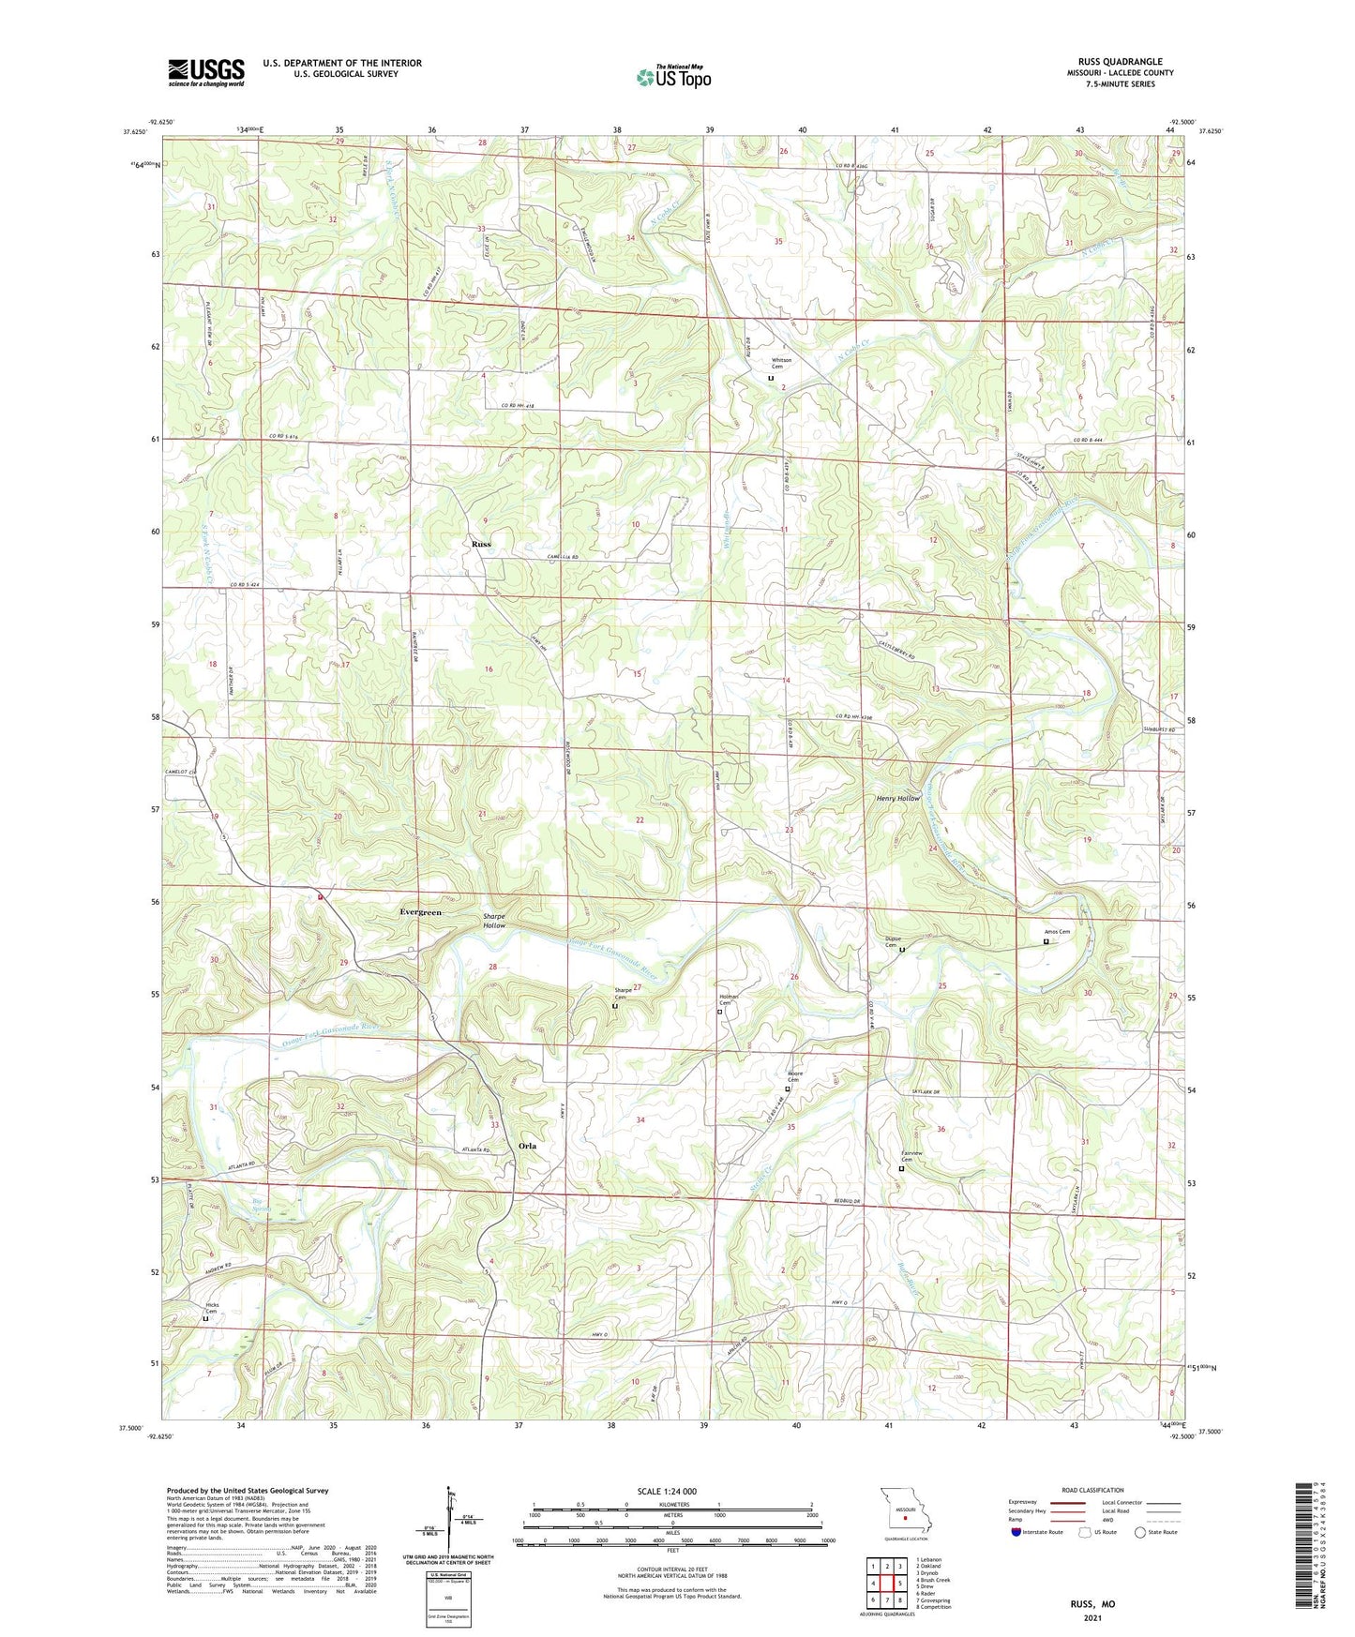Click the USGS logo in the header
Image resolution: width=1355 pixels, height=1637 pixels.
[206, 72]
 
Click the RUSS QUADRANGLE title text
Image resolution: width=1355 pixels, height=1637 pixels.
[1120, 62]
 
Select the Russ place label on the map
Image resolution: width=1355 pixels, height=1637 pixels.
[481, 544]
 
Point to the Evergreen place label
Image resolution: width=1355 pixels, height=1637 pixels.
[420, 911]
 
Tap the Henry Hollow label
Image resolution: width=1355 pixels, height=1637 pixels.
[898, 798]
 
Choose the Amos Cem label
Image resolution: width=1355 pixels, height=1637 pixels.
[1057, 932]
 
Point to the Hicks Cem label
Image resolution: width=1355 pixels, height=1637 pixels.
[212, 1309]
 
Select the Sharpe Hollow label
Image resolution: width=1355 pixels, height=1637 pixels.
[494, 921]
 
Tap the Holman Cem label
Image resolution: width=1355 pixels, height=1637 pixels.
[729, 999]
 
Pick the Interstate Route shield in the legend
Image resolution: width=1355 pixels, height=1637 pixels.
[1017, 1532]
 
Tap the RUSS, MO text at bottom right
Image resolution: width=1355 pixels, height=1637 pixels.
[1092, 1604]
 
